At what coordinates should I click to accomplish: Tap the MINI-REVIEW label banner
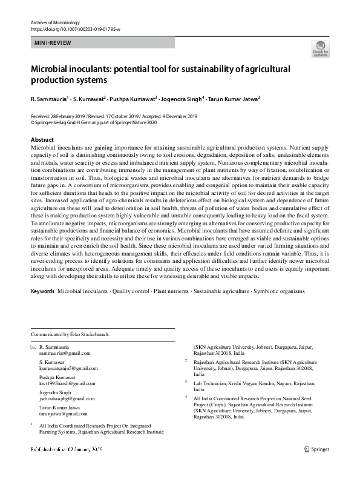click(x=53, y=44)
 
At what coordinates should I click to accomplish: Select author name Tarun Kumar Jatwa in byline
click(x=232, y=99)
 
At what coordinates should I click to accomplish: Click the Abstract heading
click(x=42, y=140)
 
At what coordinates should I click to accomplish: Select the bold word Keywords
click(x=42, y=291)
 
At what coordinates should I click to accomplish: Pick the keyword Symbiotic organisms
click(x=279, y=291)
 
